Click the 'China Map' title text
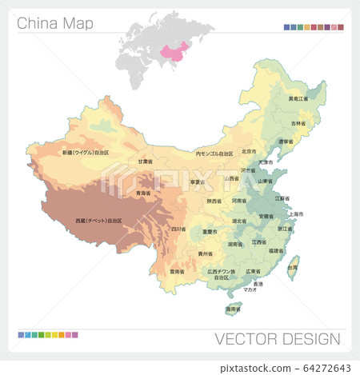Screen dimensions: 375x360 pos(55,23)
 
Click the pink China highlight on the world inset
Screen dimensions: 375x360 pos(177,51)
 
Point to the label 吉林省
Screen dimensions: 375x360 pos(298,123)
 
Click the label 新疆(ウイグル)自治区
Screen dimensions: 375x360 pos(86,152)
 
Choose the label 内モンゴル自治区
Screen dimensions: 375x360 pos(214,153)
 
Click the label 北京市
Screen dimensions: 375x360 pos(249,151)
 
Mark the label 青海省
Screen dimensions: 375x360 pos(145,193)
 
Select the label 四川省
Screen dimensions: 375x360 pos(178,228)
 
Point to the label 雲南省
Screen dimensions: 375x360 pos(178,272)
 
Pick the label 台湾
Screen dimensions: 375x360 pos(293,267)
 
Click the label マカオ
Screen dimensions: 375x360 pos(250,291)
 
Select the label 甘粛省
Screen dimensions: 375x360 pos(145,161)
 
